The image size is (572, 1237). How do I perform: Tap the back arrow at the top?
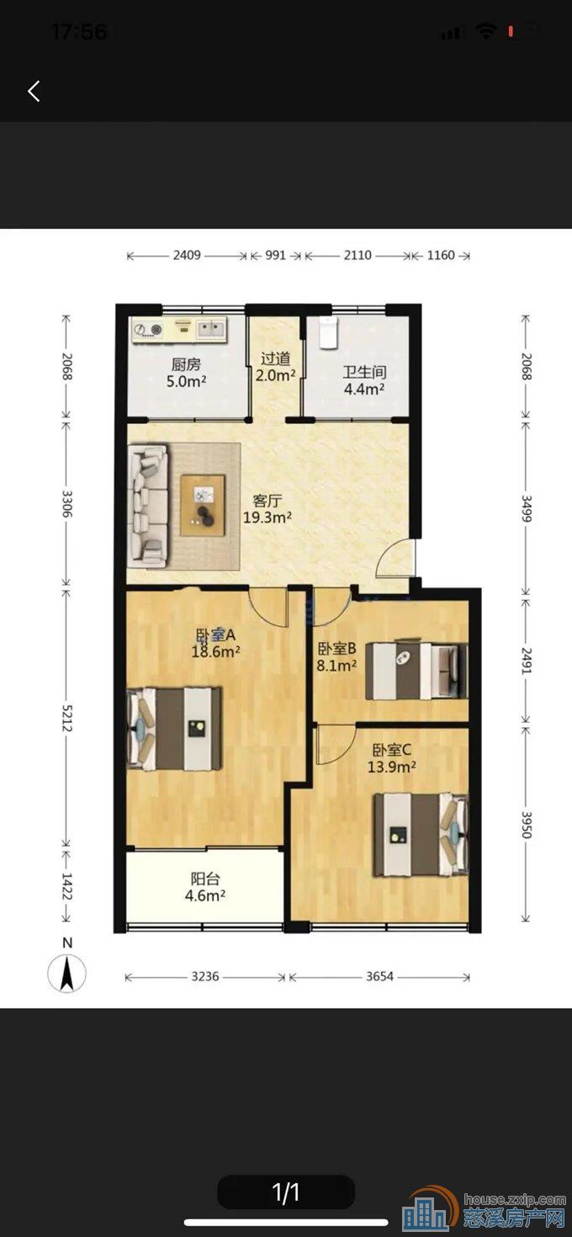click(x=34, y=91)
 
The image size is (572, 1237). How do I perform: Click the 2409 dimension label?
click(x=187, y=255)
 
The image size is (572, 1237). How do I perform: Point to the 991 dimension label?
click(x=276, y=255)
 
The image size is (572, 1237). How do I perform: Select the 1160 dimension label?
click(x=441, y=255)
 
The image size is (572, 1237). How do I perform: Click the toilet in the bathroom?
click(x=328, y=333)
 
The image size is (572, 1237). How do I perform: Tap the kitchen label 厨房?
click(x=186, y=364)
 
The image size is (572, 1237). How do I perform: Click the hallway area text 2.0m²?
click(x=276, y=375)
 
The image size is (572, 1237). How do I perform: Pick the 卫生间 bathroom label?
click(x=364, y=372)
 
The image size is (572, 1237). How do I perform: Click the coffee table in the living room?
click(x=203, y=505)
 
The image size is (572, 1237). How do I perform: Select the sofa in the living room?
click(x=148, y=506)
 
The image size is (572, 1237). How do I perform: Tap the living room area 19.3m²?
click(x=267, y=518)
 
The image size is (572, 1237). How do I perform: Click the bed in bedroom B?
click(x=416, y=671)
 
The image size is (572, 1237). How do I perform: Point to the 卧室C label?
click(x=391, y=750)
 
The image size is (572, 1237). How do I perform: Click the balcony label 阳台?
click(x=205, y=879)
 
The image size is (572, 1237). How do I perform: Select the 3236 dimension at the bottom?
click(x=205, y=976)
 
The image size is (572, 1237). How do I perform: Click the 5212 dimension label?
click(x=66, y=718)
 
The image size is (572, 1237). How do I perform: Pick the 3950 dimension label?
click(x=527, y=825)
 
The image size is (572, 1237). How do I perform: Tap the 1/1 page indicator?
click(x=286, y=1192)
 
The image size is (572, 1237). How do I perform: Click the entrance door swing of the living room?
click(x=395, y=559)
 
